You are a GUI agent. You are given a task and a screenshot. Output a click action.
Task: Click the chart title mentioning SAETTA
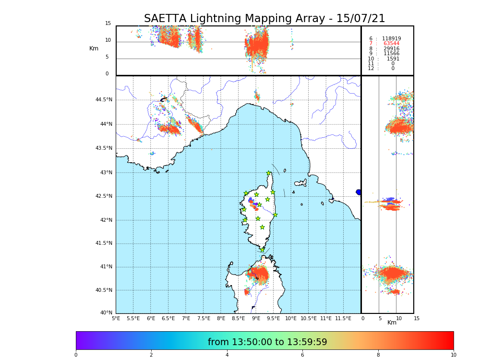[264, 19]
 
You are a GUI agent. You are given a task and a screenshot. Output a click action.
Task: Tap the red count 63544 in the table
[391, 44]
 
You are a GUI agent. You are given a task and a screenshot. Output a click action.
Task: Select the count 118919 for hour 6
[391, 38]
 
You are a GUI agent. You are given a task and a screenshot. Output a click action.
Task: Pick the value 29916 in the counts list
[391, 48]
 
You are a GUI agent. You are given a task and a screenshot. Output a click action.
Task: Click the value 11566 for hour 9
[391, 54]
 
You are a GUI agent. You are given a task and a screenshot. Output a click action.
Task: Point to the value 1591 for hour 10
[393, 59]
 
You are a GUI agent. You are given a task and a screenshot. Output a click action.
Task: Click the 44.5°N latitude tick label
[104, 100]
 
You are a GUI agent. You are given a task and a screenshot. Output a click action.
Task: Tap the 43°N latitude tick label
[106, 172]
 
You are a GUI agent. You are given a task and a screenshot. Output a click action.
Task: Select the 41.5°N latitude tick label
[104, 243]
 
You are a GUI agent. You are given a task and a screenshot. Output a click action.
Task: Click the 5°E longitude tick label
[116, 318]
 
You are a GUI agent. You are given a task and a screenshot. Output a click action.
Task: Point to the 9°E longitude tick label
[256, 318]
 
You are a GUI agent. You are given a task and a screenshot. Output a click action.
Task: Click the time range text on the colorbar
[267, 342]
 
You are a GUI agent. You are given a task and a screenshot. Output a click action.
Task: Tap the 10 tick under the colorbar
[453, 355]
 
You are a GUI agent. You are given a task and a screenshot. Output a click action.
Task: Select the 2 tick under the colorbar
[151, 355]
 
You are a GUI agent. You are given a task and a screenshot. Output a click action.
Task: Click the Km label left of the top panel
[94, 48]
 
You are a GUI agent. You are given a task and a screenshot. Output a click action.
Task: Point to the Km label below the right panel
[392, 323]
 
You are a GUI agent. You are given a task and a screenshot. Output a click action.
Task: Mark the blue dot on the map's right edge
[359, 192]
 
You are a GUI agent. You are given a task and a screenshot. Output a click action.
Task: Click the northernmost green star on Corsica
[269, 173]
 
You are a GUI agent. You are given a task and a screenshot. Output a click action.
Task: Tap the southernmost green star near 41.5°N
[262, 250]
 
